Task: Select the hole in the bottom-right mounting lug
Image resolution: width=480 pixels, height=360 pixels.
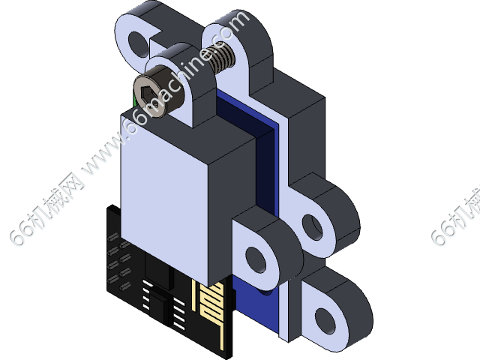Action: (328, 318)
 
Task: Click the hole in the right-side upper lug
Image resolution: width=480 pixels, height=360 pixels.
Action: (310, 223)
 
